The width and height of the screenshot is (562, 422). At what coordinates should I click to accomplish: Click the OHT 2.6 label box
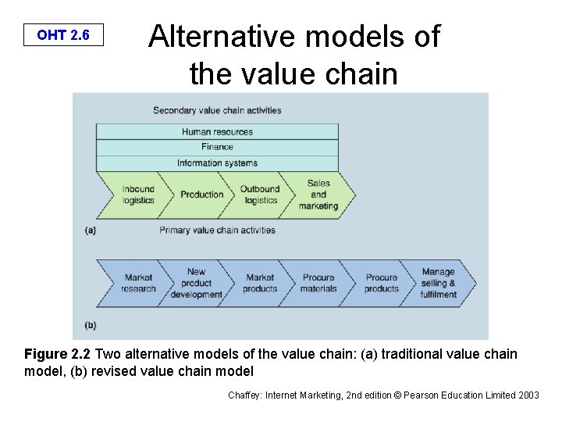tap(63, 35)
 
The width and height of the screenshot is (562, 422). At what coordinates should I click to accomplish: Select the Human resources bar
tap(217, 131)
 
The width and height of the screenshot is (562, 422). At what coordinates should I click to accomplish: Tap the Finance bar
tap(217, 146)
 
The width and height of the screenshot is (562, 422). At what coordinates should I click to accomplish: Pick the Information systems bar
tap(217, 163)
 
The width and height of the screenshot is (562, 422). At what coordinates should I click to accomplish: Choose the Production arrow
tap(201, 195)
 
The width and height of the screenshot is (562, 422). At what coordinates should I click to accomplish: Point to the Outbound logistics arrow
tap(260, 195)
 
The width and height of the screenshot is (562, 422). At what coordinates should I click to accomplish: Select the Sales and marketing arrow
tap(318, 195)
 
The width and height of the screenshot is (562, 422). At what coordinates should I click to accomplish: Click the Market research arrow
tap(138, 283)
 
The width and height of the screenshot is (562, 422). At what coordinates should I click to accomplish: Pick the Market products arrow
tap(260, 283)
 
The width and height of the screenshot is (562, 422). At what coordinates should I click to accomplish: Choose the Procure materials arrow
tap(318, 283)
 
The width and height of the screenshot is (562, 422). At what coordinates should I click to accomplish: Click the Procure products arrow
tap(381, 283)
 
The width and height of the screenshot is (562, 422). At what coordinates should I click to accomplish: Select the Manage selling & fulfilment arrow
tap(439, 283)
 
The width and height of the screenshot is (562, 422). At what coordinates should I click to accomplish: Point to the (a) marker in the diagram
tap(90, 231)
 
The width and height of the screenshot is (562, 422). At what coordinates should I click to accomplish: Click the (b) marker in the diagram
tap(90, 324)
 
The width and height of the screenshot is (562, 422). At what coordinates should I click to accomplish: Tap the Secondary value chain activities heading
tap(217, 110)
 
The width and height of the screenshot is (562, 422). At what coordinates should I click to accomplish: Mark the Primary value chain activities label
tap(217, 231)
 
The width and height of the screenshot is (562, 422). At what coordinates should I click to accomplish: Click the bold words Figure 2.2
tap(57, 354)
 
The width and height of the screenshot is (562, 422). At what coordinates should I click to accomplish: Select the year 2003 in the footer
tap(527, 395)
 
